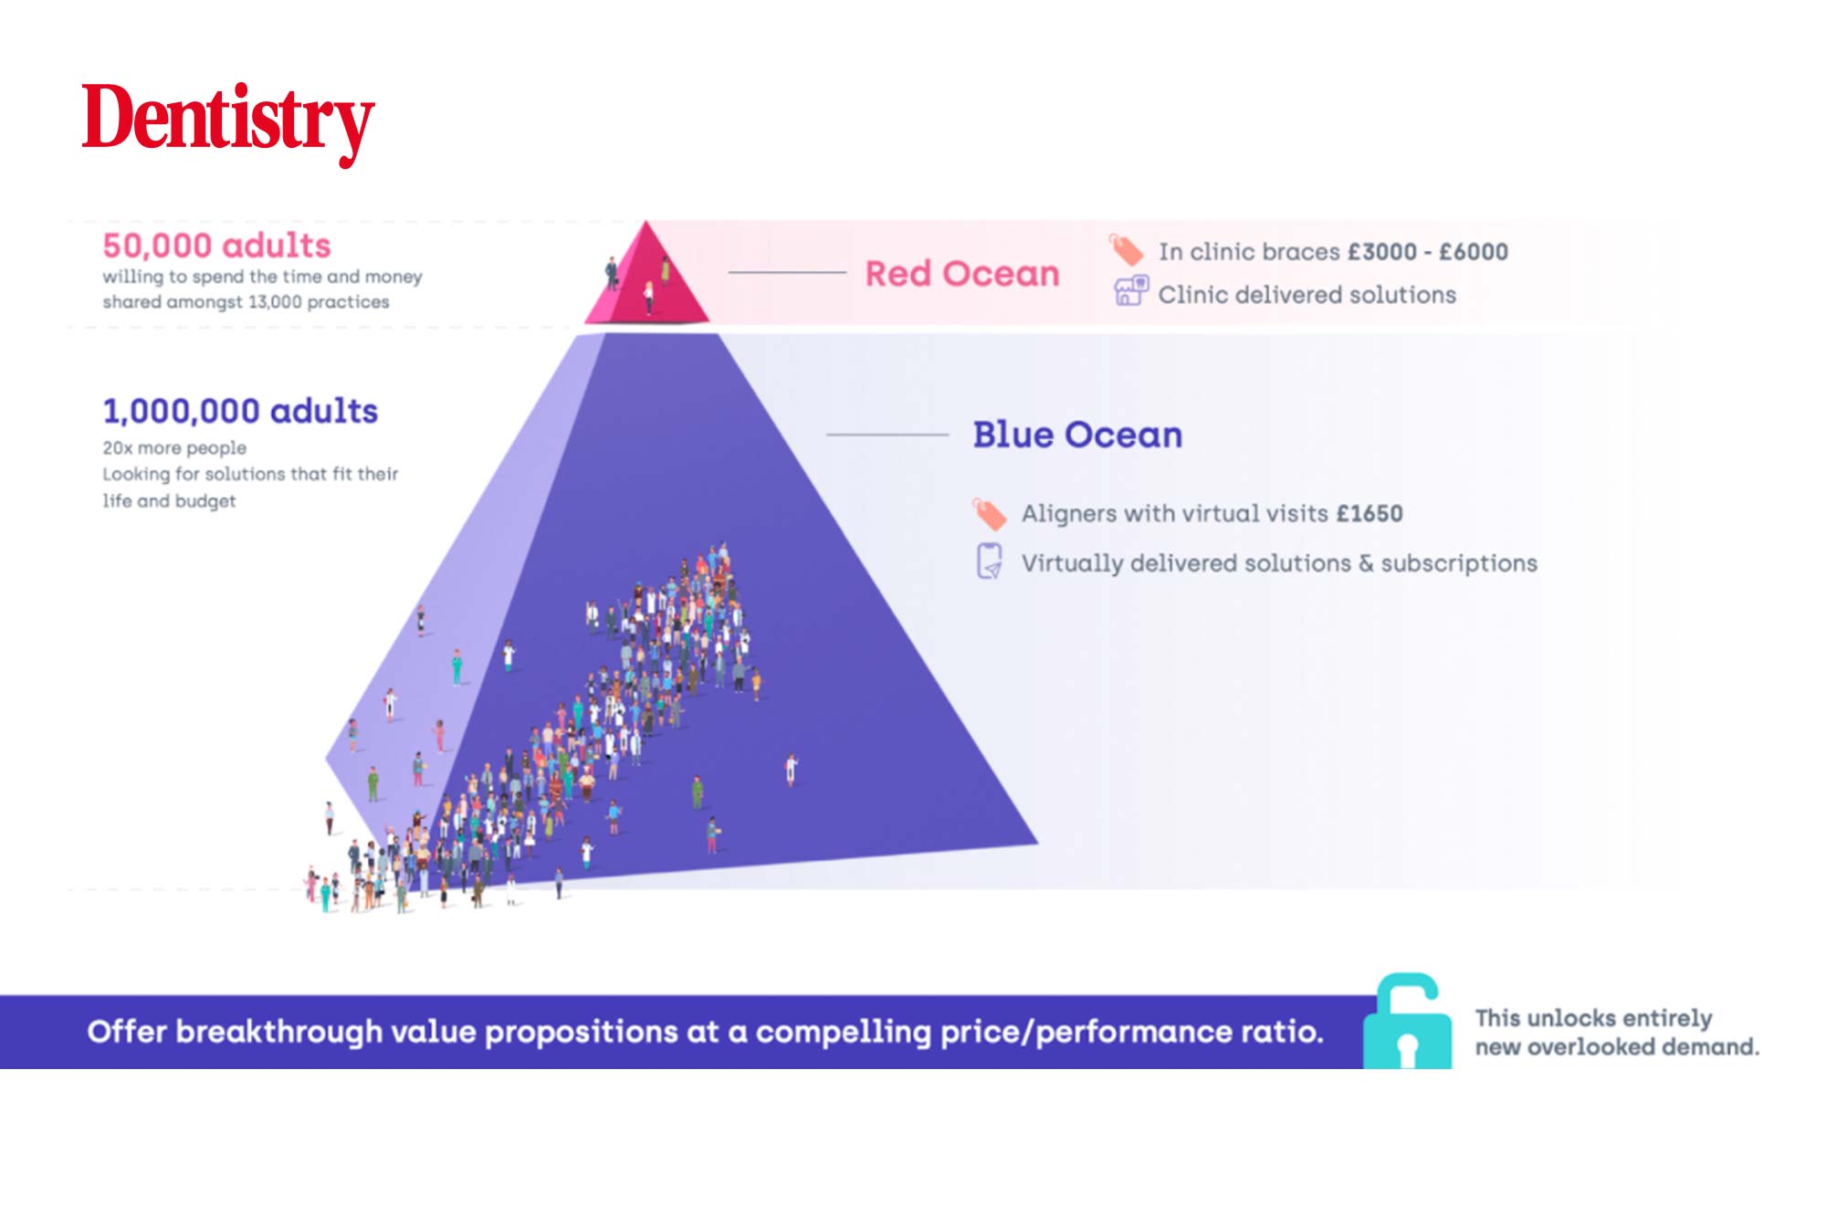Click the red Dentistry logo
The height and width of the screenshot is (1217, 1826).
pyautogui.click(x=228, y=123)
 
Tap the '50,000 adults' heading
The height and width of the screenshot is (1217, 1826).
pyautogui.click(x=216, y=246)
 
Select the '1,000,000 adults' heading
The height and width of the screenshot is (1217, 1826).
pyautogui.click(x=240, y=411)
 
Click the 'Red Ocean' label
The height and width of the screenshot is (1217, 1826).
pyautogui.click(x=962, y=273)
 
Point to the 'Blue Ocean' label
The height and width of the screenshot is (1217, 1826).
pyautogui.click(x=1077, y=435)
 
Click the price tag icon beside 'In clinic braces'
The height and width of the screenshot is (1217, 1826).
pyautogui.click(x=1125, y=249)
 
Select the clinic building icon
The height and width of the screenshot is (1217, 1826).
pyautogui.click(x=1130, y=291)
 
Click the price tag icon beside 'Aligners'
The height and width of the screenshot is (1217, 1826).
pyautogui.click(x=989, y=514)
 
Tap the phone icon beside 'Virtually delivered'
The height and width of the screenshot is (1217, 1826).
pyautogui.click(x=990, y=561)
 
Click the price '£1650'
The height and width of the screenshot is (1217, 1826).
pyautogui.click(x=1369, y=513)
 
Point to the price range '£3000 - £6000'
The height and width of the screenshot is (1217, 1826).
pyautogui.click(x=1428, y=251)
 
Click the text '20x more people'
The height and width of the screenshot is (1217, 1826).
pyautogui.click(x=174, y=448)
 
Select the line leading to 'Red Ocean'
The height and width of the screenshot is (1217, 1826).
pyautogui.click(x=787, y=272)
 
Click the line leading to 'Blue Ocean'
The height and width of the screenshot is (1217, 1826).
pyautogui.click(x=887, y=435)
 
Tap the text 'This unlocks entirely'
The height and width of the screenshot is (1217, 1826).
pyautogui.click(x=1593, y=1018)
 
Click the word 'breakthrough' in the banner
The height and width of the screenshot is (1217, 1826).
pyautogui.click(x=278, y=1032)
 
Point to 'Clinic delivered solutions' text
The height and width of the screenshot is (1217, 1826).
pyautogui.click(x=1307, y=295)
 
